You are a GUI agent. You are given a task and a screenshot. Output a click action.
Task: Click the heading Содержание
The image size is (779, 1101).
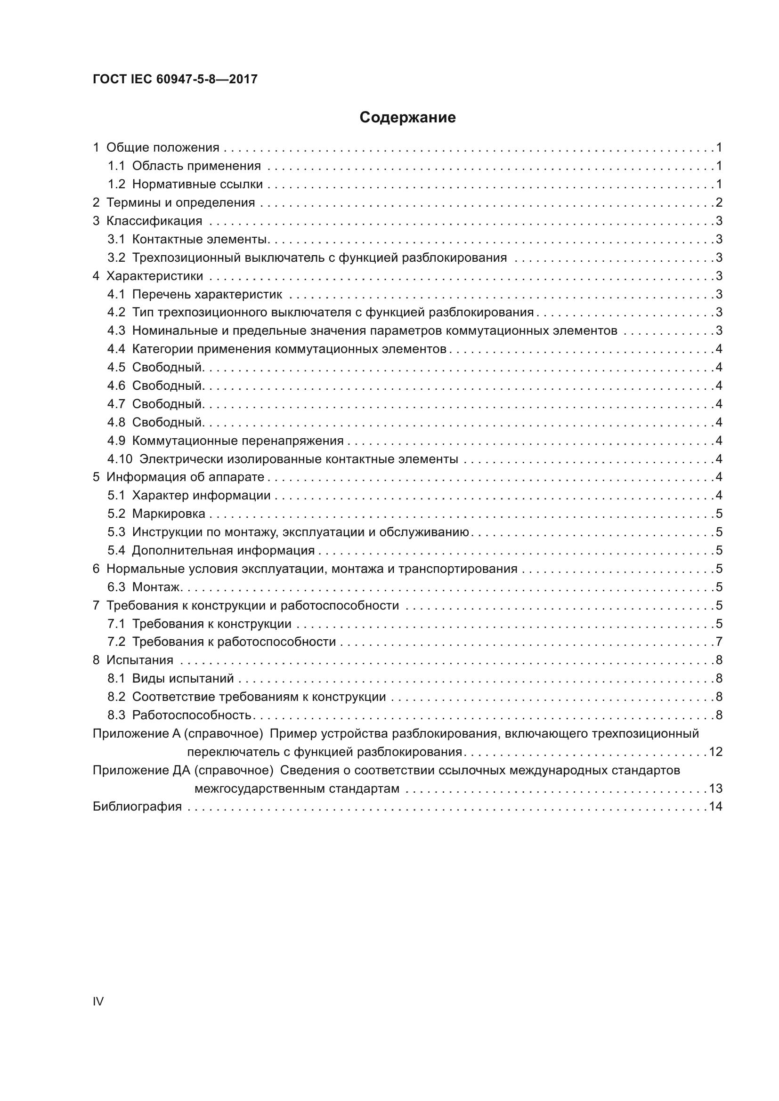click(407, 118)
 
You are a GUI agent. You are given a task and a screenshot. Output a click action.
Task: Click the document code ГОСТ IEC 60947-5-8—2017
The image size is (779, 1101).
click(175, 79)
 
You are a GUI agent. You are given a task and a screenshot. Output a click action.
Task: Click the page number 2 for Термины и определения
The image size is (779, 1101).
click(719, 202)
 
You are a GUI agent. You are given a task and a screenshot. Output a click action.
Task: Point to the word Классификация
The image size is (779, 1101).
click(154, 221)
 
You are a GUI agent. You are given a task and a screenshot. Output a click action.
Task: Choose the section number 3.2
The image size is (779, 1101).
click(116, 258)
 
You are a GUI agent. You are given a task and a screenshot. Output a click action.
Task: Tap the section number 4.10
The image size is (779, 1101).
click(120, 459)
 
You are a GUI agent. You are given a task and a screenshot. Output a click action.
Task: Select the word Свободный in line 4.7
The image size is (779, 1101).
click(167, 404)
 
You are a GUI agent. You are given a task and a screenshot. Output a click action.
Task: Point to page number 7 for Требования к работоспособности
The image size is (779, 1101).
click(719, 642)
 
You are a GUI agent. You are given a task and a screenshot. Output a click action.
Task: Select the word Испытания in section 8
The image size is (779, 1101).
click(139, 660)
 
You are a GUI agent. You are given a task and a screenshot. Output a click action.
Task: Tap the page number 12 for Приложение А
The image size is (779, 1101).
click(715, 752)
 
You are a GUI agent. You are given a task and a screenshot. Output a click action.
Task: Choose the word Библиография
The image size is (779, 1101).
click(137, 807)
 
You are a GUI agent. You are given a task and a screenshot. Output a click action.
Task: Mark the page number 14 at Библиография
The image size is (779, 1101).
click(715, 807)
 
